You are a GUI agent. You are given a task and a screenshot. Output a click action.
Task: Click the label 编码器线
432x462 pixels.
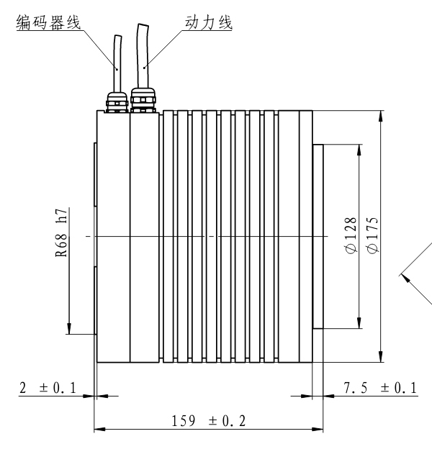[x=48, y=22]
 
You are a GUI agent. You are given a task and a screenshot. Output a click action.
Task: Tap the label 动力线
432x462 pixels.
[x=209, y=22]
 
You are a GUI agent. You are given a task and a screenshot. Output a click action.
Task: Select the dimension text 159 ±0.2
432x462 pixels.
[x=209, y=421]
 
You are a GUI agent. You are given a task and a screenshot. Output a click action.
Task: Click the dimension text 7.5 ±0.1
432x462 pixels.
[x=380, y=388]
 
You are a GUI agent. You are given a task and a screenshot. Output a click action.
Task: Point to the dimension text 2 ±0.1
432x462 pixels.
[x=48, y=388]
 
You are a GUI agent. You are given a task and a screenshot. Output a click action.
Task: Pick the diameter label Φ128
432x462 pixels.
[x=351, y=235]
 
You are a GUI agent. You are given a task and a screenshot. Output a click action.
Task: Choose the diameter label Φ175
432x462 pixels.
[x=372, y=235]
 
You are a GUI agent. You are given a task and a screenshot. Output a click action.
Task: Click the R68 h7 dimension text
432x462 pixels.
[x=62, y=232]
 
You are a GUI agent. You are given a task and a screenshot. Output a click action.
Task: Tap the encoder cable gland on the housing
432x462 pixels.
[x=117, y=102]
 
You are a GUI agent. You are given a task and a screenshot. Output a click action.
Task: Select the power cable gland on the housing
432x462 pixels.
[x=143, y=99]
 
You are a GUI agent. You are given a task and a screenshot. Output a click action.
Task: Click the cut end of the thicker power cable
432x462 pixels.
[x=143, y=26]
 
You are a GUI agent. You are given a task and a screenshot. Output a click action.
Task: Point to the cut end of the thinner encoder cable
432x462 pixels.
[x=118, y=37]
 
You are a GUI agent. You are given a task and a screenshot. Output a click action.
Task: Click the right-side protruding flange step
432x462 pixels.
[x=318, y=236]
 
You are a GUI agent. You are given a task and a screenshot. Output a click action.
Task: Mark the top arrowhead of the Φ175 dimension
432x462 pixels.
[x=381, y=116]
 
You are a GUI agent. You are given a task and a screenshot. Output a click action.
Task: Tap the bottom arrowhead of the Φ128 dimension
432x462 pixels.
[x=359, y=323]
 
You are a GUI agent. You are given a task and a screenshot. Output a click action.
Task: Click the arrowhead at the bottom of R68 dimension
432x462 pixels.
[x=68, y=329]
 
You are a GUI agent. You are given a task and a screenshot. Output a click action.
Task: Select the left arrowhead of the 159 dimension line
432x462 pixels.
[x=99, y=429]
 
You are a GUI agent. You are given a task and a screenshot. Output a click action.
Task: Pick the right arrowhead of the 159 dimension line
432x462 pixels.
[x=318, y=429]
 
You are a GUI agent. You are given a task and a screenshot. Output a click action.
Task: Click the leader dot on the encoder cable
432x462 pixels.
[x=117, y=70]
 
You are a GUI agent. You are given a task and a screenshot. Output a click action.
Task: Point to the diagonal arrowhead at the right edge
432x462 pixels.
[x=405, y=278]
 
